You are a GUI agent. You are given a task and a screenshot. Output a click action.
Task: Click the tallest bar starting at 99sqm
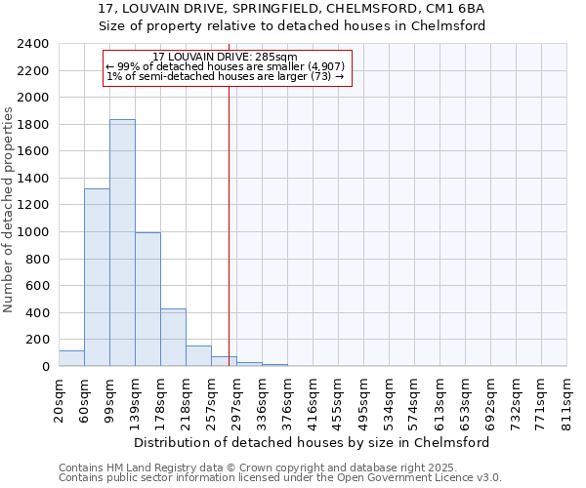[122, 243]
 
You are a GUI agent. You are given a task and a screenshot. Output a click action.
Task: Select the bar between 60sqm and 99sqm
[97, 277]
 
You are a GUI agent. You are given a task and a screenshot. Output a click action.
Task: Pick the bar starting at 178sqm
[173, 338]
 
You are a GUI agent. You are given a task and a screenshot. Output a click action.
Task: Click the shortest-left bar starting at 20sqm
[71, 358]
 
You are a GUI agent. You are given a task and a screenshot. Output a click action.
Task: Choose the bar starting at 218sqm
[198, 356]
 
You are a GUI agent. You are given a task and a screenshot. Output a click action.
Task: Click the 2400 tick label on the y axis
[33, 45]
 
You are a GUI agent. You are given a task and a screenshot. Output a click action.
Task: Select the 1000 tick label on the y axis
[33, 232]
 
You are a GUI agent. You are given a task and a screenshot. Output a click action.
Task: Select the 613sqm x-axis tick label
[439, 398]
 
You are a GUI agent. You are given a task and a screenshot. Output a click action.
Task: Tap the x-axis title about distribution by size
[313, 442]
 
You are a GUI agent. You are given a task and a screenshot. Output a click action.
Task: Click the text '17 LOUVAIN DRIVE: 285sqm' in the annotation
[225, 58]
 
